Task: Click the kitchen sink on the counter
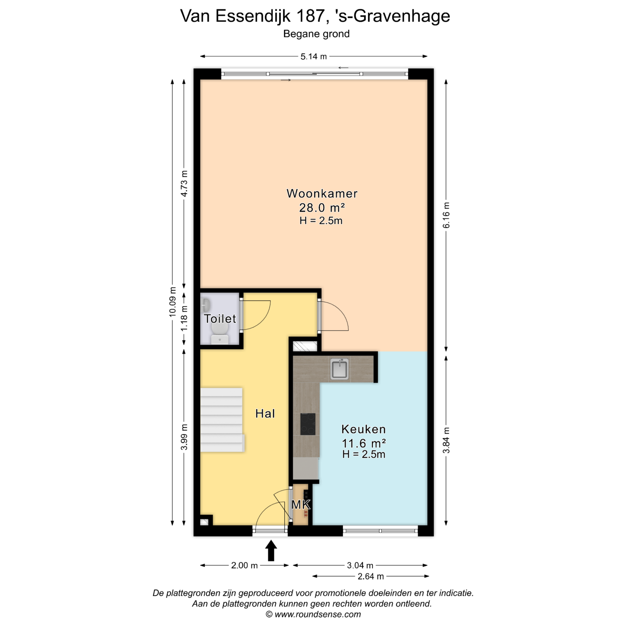[339, 369]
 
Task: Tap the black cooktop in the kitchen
[308, 424]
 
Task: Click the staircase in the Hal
[222, 420]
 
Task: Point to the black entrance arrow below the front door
[271, 551]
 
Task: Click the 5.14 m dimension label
[313, 56]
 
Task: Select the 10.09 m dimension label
[173, 302]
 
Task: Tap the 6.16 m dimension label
[446, 215]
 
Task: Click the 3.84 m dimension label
[446, 440]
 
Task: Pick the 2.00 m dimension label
[244, 565]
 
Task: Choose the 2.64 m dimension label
[371, 576]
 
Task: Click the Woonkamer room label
[322, 193]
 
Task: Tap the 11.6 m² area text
[364, 443]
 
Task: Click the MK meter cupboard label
[301, 505]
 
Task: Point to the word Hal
[265, 413]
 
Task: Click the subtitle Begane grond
[316, 34]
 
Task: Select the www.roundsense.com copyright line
[313, 614]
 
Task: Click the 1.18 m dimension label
[185, 318]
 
